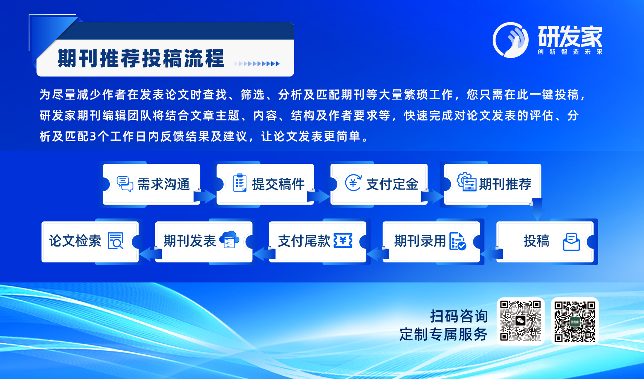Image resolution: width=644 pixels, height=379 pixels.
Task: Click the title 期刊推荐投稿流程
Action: pyautogui.click(x=141, y=59)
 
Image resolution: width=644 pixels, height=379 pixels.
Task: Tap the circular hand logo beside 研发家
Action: pyautogui.click(x=511, y=40)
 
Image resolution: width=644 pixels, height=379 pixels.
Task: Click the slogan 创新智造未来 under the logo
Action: pyautogui.click(x=570, y=52)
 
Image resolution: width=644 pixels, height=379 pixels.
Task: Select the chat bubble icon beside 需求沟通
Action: pyautogui.click(x=125, y=184)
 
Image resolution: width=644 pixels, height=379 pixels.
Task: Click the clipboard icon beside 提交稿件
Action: pyautogui.click(x=240, y=183)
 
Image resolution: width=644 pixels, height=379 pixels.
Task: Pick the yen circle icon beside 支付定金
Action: pyautogui.click(x=353, y=183)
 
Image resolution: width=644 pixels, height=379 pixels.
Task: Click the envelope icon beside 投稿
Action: pyautogui.click(x=571, y=242)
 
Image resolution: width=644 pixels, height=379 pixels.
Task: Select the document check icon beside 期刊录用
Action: pyautogui.click(x=458, y=241)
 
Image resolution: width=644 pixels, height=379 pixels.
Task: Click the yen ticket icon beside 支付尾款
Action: pyautogui.click(x=343, y=241)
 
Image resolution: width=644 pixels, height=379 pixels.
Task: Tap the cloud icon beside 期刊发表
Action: pyautogui.click(x=229, y=240)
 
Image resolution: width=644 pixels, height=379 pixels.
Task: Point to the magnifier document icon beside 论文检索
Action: pyautogui.click(x=116, y=241)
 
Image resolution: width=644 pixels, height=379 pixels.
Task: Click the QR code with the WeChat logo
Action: pyautogui.click(x=521, y=321)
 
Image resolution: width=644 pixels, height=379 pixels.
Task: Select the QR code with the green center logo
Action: pyautogui.click(x=575, y=321)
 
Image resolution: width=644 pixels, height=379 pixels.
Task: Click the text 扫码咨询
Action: pyautogui.click(x=459, y=316)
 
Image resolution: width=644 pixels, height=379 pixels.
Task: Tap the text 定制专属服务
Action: pyautogui.click(x=444, y=334)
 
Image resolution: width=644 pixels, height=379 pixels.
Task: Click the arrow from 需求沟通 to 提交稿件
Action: pyautogui.click(x=205, y=196)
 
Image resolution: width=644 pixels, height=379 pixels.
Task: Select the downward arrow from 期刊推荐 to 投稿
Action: pyautogui.click(x=536, y=210)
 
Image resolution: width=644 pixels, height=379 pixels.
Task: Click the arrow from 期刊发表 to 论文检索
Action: pyautogui.click(x=150, y=254)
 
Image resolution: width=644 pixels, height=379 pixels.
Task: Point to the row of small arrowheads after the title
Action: pyautogui.click(x=257, y=64)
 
